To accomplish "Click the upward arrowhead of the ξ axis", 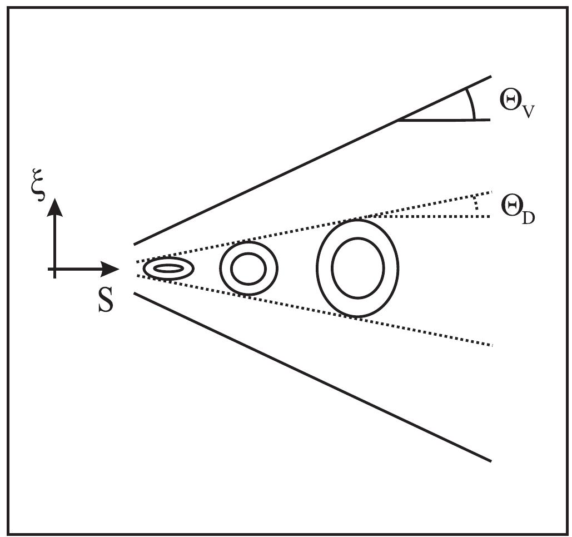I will point(54,207).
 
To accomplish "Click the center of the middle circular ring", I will point(248,269).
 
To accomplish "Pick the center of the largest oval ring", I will point(357,268).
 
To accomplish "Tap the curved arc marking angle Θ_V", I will point(471,102).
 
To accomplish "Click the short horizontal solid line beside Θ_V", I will point(445,120).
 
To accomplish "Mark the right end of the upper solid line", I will point(491,76).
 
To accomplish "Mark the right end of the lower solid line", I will point(491,461).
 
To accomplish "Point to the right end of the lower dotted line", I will point(491,346).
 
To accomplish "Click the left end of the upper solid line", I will point(135,244).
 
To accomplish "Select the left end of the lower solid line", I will point(135,293).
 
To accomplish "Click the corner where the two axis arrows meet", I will point(54,270).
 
